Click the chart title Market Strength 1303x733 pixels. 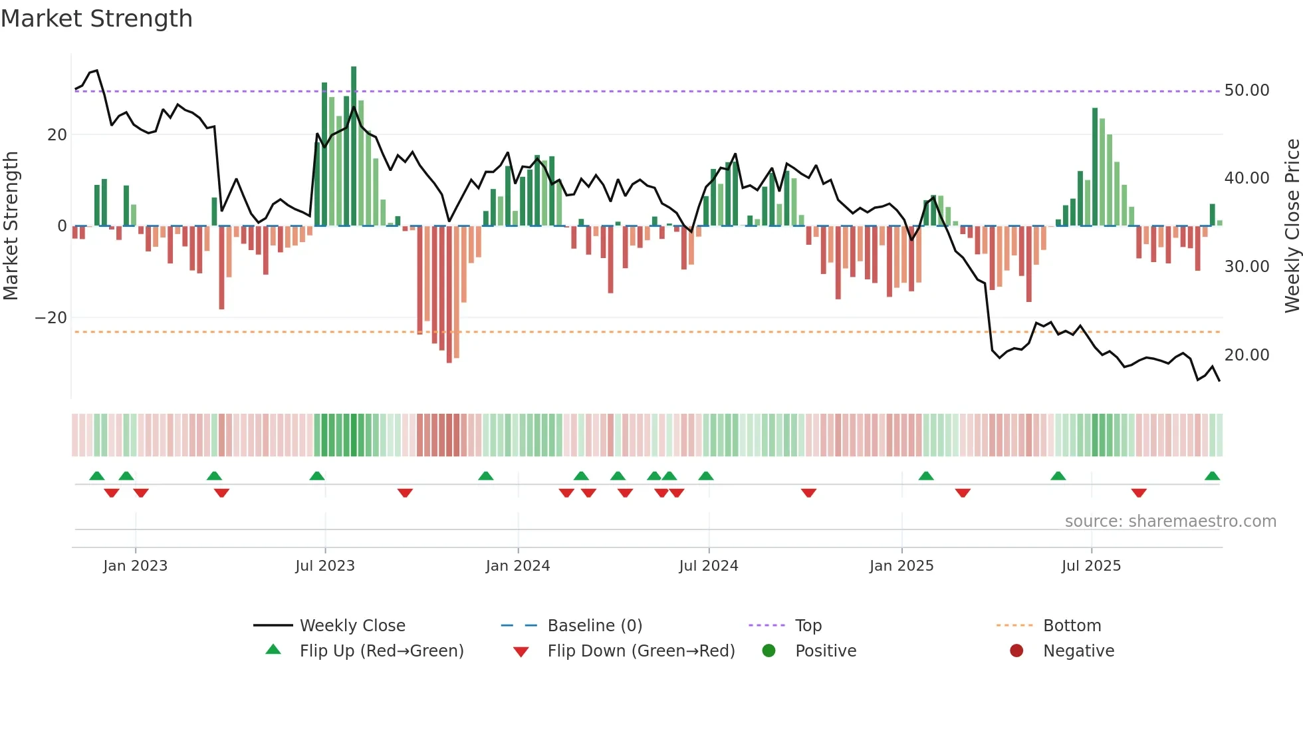click(96, 19)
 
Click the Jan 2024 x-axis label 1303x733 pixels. click(518, 566)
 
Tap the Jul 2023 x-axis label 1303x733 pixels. click(325, 566)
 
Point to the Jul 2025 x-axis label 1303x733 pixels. click(1091, 566)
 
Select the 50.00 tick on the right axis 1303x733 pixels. click(1246, 90)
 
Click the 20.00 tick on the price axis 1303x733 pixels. click(1246, 355)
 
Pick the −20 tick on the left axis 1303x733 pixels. click(51, 318)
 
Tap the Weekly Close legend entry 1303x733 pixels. click(352, 626)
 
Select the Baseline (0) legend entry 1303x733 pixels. click(594, 626)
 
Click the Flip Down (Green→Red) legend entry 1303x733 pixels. click(640, 651)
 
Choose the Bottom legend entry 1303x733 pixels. click(1072, 626)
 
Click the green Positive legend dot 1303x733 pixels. click(769, 651)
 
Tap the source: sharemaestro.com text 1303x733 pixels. click(1170, 521)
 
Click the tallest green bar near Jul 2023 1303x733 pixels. click(354, 146)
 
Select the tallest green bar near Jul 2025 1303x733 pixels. click(1095, 166)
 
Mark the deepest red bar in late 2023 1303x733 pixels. click(449, 294)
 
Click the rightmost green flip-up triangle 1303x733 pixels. click(1212, 476)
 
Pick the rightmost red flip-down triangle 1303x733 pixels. click(1139, 493)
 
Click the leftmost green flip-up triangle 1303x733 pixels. click(97, 476)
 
